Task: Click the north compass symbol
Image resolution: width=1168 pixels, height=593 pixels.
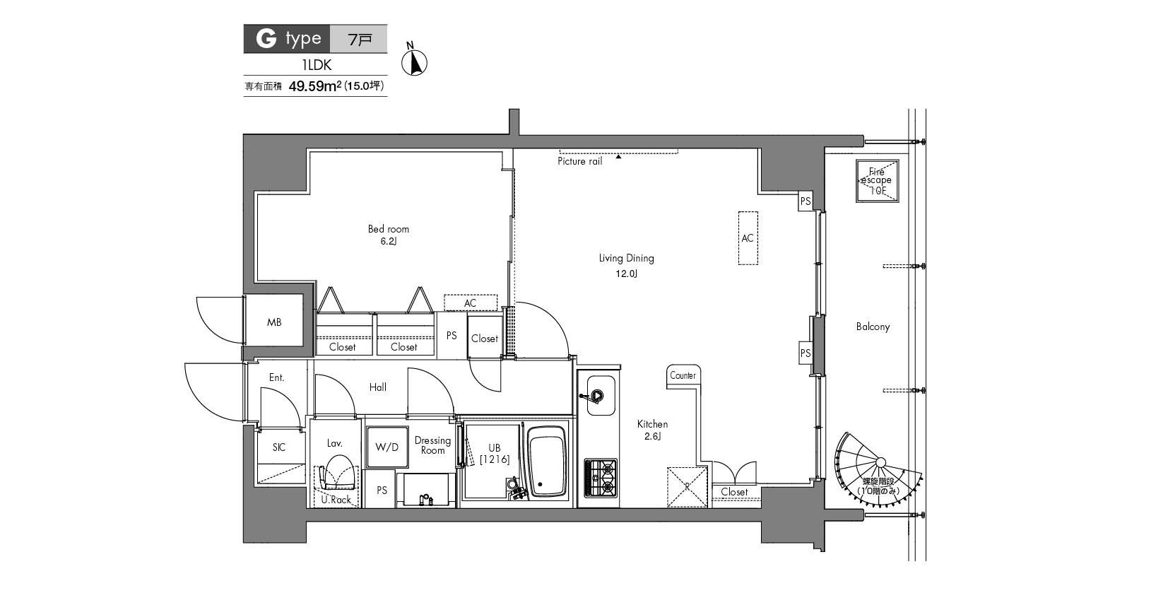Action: coord(415,62)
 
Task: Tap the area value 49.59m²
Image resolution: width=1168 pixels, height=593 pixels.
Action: coord(316,87)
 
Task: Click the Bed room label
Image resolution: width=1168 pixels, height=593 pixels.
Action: coord(388,229)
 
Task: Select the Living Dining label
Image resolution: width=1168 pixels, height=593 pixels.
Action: coord(626,259)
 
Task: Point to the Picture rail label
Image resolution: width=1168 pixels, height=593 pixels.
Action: coord(579,162)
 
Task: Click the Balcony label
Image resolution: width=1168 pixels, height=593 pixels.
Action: coord(873,327)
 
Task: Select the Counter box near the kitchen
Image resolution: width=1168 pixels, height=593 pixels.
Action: coord(683,376)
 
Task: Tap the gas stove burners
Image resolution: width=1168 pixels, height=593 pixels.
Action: coord(599,477)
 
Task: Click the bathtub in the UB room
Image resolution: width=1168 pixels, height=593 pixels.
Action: coord(548,462)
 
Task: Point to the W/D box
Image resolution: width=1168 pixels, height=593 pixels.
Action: coord(387,447)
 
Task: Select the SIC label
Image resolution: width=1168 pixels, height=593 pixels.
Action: coord(279,447)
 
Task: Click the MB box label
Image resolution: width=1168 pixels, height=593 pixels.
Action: coord(274,322)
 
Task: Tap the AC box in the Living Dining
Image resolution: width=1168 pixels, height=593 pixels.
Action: coord(748,238)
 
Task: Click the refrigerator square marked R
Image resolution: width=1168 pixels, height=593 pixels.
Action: coord(687,486)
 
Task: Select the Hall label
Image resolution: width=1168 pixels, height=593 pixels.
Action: coord(377,387)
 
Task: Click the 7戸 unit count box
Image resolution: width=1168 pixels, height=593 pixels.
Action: coord(360,39)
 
